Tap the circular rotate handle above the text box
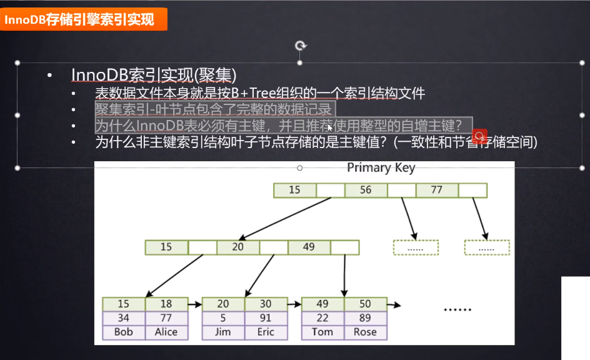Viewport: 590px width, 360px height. [x=301, y=46]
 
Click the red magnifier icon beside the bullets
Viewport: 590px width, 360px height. [x=479, y=136]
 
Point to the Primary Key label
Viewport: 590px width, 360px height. [x=381, y=167]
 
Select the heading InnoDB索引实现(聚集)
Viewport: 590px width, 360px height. [x=154, y=75]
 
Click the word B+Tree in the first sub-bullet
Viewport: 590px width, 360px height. [x=258, y=94]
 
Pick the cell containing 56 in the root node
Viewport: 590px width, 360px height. [x=366, y=190]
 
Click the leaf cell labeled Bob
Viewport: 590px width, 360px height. [x=124, y=332]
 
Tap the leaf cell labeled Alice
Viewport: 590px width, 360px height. [x=166, y=332]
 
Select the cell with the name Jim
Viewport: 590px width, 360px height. [x=223, y=332]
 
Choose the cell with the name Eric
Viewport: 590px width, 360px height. [x=266, y=332]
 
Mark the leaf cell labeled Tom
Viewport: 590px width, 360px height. [x=322, y=332]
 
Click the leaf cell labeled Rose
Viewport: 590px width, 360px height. [x=365, y=332]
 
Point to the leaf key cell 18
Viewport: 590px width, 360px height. [x=166, y=304]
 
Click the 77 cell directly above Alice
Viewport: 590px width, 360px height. [x=166, y=318]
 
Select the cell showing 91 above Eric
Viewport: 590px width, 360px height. [x=266, y=318]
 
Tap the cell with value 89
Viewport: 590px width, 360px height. [x=365, y=318]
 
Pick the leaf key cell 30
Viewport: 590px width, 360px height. [x=266, y=304]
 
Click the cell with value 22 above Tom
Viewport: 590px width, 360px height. [x=322, y=318]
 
